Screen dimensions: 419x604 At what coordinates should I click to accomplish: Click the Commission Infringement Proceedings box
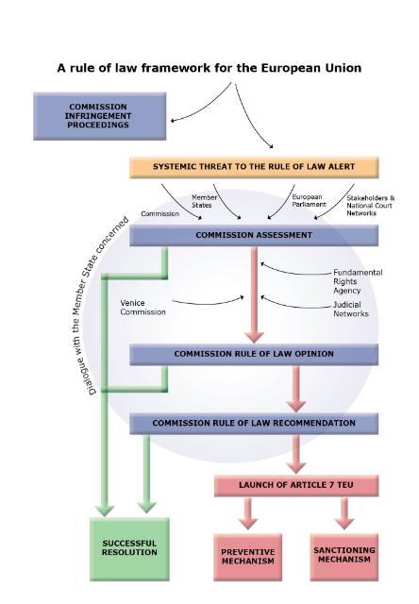(x=100, y=116)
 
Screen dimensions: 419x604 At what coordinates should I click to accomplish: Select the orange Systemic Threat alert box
(x=254, y=167)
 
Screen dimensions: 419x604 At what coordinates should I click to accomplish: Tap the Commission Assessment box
(x=254, y=235)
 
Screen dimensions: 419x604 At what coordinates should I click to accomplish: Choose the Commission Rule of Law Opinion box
(x=254, y=355)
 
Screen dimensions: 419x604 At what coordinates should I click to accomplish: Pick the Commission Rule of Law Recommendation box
(x=254, y=424)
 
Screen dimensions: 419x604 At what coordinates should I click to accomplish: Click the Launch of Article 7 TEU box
(x=296, y=485)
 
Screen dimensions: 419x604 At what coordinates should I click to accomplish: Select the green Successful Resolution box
(x=130, y=549)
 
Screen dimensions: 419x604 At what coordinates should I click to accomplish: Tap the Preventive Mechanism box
(x=248, y=557)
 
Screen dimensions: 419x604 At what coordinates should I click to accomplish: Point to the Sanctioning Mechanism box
(x=344, y=557)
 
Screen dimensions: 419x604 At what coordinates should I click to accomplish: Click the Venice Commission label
(x=142, y=308)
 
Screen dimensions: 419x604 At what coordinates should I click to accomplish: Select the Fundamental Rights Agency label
(x=358, y=281)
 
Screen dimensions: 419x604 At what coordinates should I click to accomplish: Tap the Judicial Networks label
(x=351, y=309)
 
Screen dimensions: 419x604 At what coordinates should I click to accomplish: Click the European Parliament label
(x=309, y=201)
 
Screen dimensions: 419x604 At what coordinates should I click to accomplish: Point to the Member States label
(x=204, y=201)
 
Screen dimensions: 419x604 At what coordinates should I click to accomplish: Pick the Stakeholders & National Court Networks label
(x=371, y=206)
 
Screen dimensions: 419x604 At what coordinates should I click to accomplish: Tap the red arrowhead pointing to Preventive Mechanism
(x=248, y=522)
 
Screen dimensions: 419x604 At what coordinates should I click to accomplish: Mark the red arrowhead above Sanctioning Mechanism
(x=344, y=522)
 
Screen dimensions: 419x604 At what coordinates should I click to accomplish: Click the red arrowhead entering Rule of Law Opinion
(x=254, y=336)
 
